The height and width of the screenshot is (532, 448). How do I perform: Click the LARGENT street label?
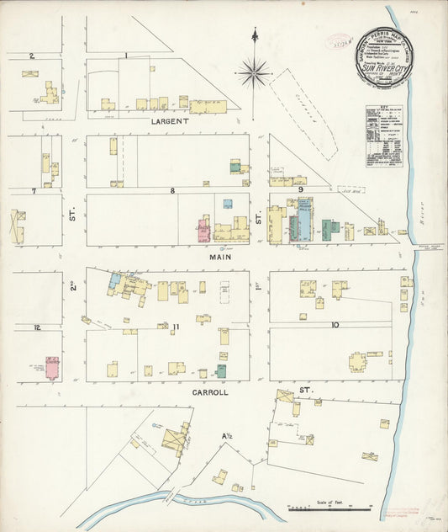[x=170, y=121]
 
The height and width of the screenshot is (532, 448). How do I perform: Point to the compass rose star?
[x=254, y=72]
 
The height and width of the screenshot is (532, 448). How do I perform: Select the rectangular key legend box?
[x=384, y=136]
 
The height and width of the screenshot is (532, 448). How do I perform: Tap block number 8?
[x=173, y=191]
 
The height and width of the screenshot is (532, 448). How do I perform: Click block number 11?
[x=176, y=326]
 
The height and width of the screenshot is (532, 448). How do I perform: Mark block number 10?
[x=335, y=324]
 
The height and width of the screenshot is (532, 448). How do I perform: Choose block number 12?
[x=36, y=327]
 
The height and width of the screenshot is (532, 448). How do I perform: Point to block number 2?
[x=31, y=56]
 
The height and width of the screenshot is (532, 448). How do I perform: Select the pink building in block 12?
[x=52, y=368]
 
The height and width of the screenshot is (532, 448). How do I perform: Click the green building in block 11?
[x=221, y=370]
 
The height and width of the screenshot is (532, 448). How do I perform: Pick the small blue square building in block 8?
[x=228, y=204]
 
